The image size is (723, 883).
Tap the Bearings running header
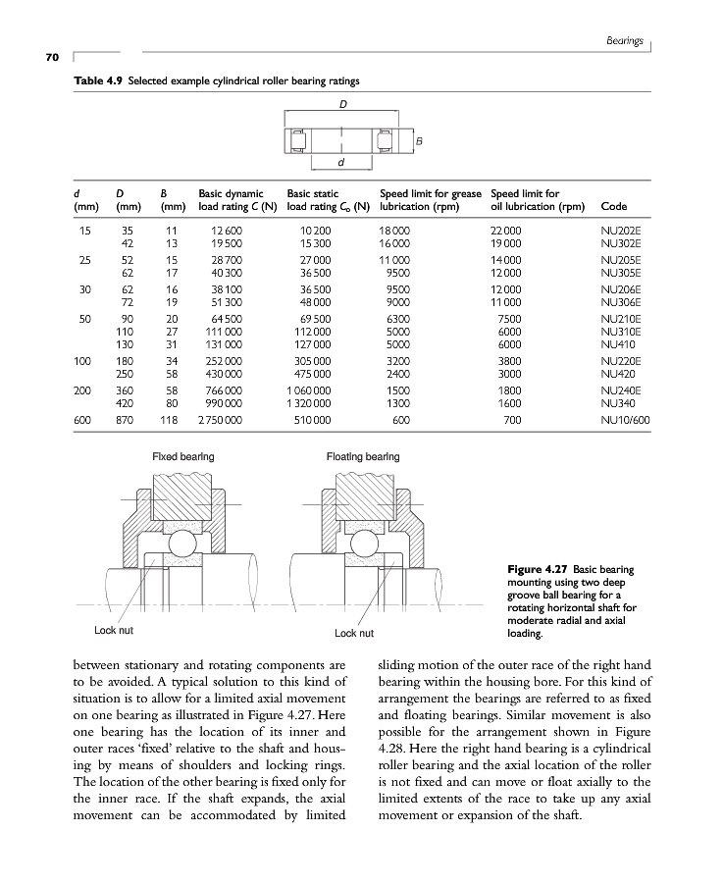pos(624,41)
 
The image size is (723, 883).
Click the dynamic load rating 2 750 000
pos(221,420)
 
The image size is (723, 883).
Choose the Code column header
pos(614,207)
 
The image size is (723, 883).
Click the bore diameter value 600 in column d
pos(84,420)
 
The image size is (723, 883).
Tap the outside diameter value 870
pos(125,420)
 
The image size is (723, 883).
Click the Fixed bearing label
pos(183,457)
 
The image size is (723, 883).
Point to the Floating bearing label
pos(363,457)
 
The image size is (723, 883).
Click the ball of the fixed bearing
pos(181,545)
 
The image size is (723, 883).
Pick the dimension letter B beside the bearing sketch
pos(420,141)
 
